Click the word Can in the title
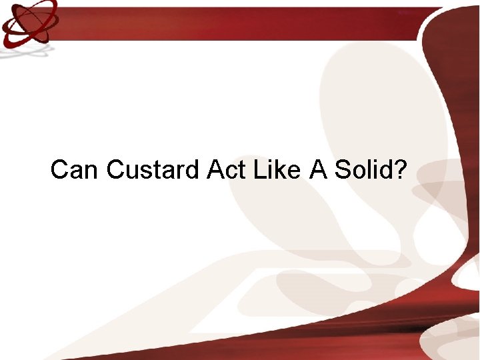click(x=75, y=170)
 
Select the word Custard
click(x=153, y=170)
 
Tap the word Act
click(x=226, y=170)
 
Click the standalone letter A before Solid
click(x=317, y=170)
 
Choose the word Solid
click(x=363, y=170)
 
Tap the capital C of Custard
click(x=115, y=170)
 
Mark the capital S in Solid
click(x=341, y=170)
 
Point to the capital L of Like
click(x=261, y=170)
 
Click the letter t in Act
click(x=241, y=170)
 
